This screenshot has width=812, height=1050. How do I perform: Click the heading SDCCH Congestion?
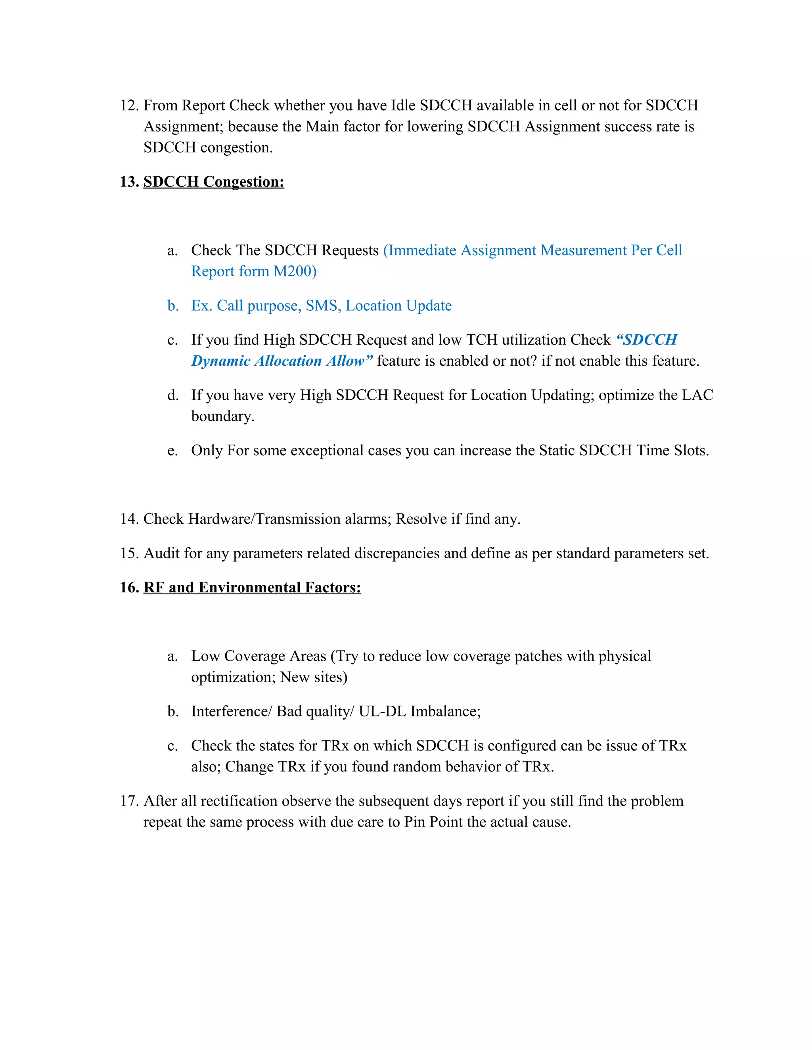[214, 182]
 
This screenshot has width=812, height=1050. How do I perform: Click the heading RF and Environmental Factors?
[252, 588]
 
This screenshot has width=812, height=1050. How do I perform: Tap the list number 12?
[129, 105]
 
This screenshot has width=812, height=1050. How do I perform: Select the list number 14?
[129, 519]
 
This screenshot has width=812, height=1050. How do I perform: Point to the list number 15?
[129, 554]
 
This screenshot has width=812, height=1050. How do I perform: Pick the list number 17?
[129, 801]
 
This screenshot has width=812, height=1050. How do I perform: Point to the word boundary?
[222, 416]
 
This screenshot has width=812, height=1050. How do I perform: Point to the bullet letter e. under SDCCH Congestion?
[172, 451]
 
